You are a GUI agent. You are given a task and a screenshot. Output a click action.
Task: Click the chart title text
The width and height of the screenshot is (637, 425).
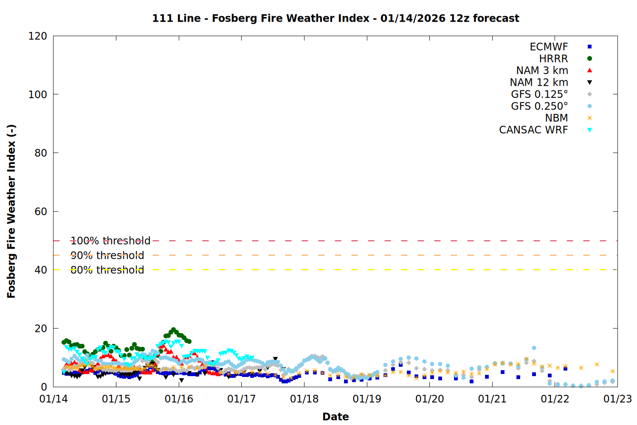(x=335, y=18)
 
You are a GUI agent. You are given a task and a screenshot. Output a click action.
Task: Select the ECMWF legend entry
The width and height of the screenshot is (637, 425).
(x=549, y=47)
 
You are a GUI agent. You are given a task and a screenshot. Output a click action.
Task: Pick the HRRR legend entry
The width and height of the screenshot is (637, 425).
(x=553, y=59)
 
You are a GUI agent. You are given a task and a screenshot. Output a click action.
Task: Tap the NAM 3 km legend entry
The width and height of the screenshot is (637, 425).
(x=542, y=71)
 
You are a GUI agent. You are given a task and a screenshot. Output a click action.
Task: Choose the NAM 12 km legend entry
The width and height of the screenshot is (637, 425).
(x=539, y=82)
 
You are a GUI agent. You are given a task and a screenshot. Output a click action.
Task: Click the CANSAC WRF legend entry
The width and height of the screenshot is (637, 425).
(x=533, y=130)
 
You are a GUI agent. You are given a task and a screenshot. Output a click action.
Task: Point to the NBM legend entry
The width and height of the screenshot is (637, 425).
(x=556, y=118)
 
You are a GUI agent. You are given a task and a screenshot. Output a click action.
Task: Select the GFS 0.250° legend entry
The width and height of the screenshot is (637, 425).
(x=539, y=106)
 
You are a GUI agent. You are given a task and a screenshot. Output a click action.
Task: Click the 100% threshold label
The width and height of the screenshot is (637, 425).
(x=110, y=241)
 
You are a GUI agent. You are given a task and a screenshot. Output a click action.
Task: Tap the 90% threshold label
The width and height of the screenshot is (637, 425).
(x=107, y=255)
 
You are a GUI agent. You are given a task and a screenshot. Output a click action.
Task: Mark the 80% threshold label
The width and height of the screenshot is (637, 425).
(x=107, y=270)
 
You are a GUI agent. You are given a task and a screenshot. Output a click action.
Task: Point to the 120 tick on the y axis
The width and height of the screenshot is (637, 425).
(x=38, y=36)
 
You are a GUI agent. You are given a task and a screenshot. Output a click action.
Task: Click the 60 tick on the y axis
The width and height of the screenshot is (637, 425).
(x=41, y=212)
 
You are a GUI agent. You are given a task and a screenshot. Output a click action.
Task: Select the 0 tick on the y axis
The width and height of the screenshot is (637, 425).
(x=44, y=387)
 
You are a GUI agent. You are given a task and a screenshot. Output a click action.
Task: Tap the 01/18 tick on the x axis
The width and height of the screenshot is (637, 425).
(x=304, y=399)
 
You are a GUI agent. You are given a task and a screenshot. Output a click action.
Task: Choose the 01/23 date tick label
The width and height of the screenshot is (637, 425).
(x=617, y=399)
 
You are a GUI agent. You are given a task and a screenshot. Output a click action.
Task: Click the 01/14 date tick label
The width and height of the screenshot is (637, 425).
(x=54, y=399)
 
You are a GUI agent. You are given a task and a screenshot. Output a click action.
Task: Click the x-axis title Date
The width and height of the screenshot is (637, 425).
(x=335, y=416)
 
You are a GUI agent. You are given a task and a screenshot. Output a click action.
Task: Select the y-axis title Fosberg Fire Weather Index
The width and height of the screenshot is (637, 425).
(x=11, y=211)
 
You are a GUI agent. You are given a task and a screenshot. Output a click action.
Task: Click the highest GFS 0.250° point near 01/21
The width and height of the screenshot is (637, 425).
(x=534, y=348)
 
